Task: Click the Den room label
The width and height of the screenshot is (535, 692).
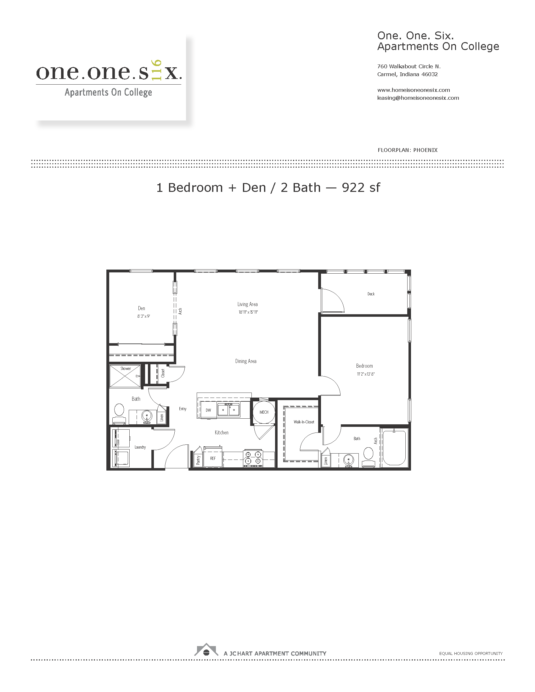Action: [141, 308]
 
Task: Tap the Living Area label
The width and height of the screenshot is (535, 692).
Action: [248, 304]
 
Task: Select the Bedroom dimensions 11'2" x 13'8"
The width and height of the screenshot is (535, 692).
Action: [366, 374]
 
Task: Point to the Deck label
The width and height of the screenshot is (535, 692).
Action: [371, 294]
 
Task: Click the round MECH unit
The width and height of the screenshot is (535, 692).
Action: [264, 412]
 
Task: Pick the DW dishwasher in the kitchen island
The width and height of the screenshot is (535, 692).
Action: [208, 410]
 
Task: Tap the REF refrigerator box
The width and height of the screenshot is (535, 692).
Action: [213, 458]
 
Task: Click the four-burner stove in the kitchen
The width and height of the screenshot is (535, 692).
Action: [253, 458]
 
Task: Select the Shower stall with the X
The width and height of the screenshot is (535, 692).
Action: [125, 376]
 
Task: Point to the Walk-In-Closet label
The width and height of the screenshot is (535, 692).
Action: [304, 422]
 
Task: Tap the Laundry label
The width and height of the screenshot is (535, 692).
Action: [140, 447]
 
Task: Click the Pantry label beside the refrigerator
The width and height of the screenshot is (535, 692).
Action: [198, 460]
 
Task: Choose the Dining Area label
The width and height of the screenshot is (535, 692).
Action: [246, 361]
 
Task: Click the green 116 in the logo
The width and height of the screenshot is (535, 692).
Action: [157, 70]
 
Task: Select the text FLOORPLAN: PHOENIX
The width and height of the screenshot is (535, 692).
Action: [407, 150]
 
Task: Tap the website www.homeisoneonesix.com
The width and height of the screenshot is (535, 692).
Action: [413, 90]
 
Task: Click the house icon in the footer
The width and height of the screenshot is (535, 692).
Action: [206, 650]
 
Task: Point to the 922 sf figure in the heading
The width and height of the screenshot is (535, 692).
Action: [361, 187]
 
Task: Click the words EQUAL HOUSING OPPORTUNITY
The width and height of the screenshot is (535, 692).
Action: [471, 653]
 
